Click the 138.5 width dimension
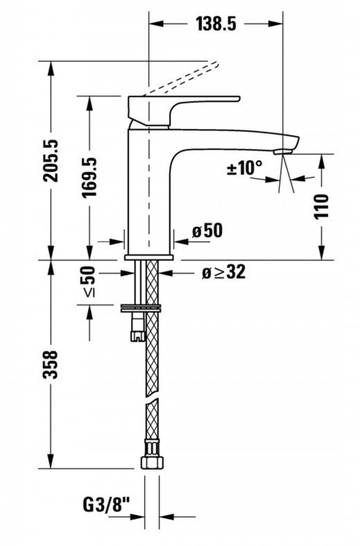(x=216, y=24)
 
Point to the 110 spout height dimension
(x=322, y=207)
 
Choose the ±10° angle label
(x=245, y=168)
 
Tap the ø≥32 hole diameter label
(x=223, y=272)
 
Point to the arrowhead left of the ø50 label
(x=179, y=241)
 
